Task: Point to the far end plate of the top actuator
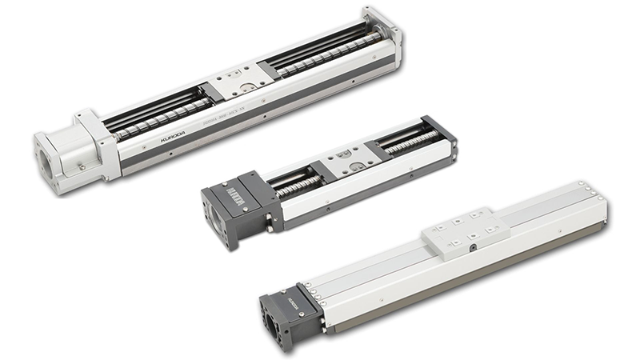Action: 382,29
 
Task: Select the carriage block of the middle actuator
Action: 345,161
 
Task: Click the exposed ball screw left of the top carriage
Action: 156,121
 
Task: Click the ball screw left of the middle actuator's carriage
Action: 291,188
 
